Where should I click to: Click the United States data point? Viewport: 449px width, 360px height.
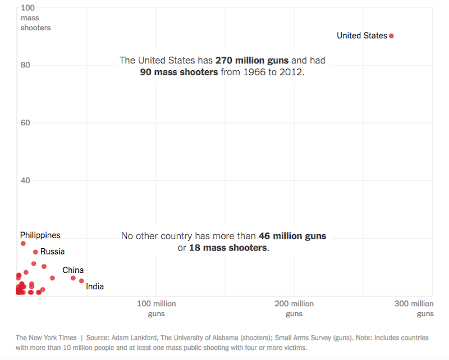[391, 36]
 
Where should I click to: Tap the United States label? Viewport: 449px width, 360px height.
[361, 35]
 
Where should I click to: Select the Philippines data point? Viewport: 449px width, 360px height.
[23, 243]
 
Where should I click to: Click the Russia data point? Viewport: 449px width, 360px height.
[35, 252]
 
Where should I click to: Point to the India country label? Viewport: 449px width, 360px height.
[95, 287]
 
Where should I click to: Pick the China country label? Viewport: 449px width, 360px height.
[73, 270]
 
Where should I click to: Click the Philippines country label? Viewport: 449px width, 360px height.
[40, 235]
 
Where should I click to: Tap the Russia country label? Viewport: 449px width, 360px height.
[52, 252]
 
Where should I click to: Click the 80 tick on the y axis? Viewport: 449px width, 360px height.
[25, 65]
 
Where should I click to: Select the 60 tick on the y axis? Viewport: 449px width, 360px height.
[25, 123]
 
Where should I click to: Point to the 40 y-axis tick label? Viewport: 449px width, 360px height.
[25, 180]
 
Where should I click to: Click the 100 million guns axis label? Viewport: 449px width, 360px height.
[157, 308]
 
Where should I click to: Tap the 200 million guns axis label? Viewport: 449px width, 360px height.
[294, 308]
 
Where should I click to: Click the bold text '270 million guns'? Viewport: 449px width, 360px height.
[252, 60]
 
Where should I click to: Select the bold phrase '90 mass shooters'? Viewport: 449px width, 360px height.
[179, 72]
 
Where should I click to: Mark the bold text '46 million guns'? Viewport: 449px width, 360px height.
[292, 236]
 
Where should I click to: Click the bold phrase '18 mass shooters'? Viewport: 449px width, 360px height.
[228, 248]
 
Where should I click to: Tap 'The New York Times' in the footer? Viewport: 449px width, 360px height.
[46, 338]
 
